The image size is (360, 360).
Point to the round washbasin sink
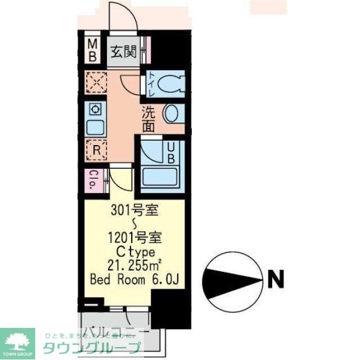pyautogui.click(x=172, y=113)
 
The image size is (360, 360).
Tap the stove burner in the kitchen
pyautogui.click(x=94, y=109)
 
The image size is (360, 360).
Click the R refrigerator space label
pyautogui.click(x=96, y=149)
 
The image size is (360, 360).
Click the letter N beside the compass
pyautogui.click(x=276, y=278)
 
